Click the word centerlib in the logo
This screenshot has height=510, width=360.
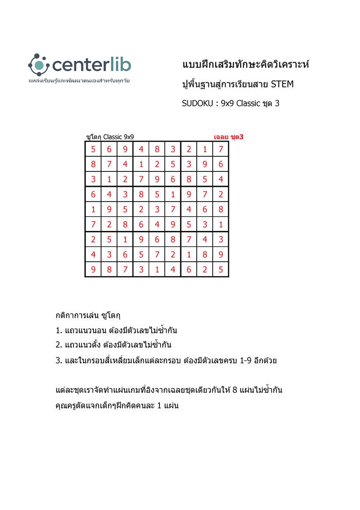pos(92,65)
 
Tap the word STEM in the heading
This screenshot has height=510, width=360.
pos(282,85)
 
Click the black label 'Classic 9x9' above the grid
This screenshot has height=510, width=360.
pos(118,137)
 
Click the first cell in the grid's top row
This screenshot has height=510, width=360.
pos(93,149)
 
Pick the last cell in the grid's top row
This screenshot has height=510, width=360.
pos(220,149)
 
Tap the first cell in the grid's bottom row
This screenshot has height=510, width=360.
pos(93,269)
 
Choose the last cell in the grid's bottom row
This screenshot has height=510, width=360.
pos(220,269)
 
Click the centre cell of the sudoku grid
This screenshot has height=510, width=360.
pos(157,209)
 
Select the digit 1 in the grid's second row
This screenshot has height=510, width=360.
pos(141,164)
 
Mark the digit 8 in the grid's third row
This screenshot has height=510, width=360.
pos(189,179)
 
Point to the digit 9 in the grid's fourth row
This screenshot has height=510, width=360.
pos(189,194)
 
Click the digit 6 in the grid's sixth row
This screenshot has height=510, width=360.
pos(141,224)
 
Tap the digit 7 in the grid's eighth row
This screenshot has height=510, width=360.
pos(157,255)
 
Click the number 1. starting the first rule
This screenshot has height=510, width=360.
pos(59,330)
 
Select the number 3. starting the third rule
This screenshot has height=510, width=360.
pos(59,361)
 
